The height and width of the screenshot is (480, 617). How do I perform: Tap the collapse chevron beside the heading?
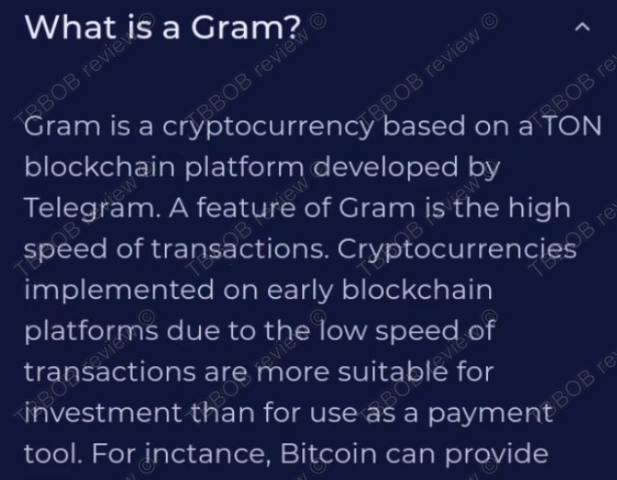pyautogui.click(x=581, y=29)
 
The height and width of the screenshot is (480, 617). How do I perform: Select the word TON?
pyautogui.click(x=571, y=127)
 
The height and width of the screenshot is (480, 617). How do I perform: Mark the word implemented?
pyautogui.click(x=116, y=291)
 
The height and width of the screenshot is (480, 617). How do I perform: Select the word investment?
pyautogui.click(x=102, y=413)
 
